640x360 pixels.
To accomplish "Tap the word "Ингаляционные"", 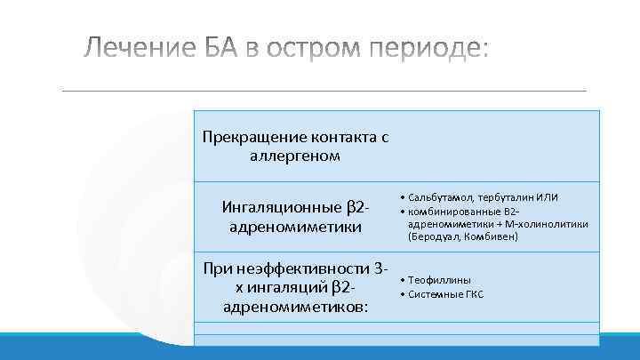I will tap(280, 208).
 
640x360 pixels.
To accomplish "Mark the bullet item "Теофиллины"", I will tap(439, 279).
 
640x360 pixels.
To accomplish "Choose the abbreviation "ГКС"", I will tap(474, 293).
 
